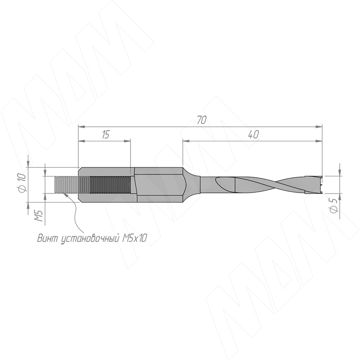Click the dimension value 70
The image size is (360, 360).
coord(202,120)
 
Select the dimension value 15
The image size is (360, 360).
coord(105,135)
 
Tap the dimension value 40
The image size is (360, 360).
coord(253,135)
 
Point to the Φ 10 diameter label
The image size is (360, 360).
coord(22,183)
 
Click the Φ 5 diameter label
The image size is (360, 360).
coord(334,206)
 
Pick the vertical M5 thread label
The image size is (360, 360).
coord(39,216)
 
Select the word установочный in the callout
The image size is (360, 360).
coord(90,239)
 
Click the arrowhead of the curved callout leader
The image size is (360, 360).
coord(65,194)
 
